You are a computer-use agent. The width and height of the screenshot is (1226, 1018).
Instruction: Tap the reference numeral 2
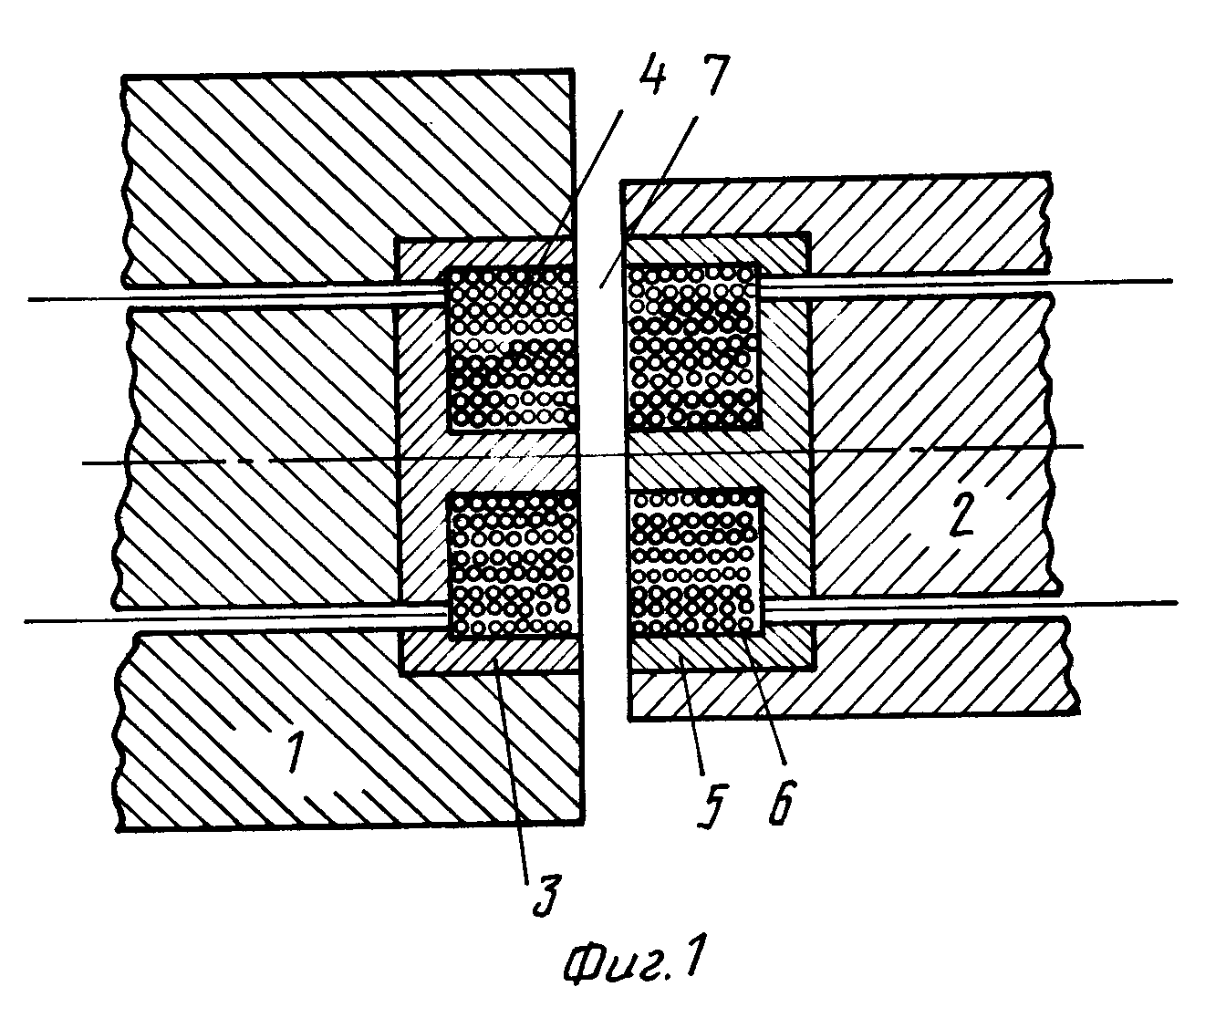click(961, 514)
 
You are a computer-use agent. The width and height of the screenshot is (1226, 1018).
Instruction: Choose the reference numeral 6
click(782, 802)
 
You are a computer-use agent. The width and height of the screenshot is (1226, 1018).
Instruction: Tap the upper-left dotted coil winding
click(511, 348)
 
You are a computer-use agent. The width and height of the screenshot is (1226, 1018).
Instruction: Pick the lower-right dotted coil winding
click(696, 563)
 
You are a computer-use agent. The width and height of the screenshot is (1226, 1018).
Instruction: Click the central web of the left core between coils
click(512, 462)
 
